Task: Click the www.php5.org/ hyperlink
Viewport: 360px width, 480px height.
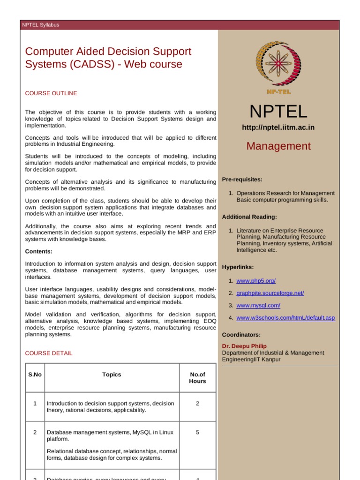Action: (256, 281)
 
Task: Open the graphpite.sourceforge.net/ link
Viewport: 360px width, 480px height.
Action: (270, 293)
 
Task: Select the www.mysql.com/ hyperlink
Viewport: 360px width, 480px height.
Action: (258, 305)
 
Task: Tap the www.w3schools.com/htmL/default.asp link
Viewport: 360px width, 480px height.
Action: (285, 318)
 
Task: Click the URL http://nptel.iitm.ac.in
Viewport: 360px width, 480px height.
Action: (278, 127)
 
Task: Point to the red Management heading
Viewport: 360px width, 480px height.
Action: (278, 146)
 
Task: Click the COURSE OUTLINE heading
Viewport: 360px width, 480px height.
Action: (51, 93)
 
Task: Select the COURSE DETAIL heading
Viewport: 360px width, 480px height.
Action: (49, 353)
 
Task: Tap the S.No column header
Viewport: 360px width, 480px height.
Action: (35, 375)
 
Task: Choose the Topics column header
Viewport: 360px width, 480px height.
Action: (112, 375)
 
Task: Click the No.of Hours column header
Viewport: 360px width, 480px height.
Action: (197, 378)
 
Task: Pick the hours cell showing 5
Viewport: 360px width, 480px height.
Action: (197, 432)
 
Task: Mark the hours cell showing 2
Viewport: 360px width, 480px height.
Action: (197, 403)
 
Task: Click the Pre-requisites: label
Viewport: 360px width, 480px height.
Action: (242, 180)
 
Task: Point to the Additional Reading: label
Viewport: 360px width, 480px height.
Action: (249, 217)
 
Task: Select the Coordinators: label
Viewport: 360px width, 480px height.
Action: (241, 335)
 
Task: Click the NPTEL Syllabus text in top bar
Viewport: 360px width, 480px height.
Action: (41, 25)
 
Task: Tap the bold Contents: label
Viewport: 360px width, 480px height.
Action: (38, 251)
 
